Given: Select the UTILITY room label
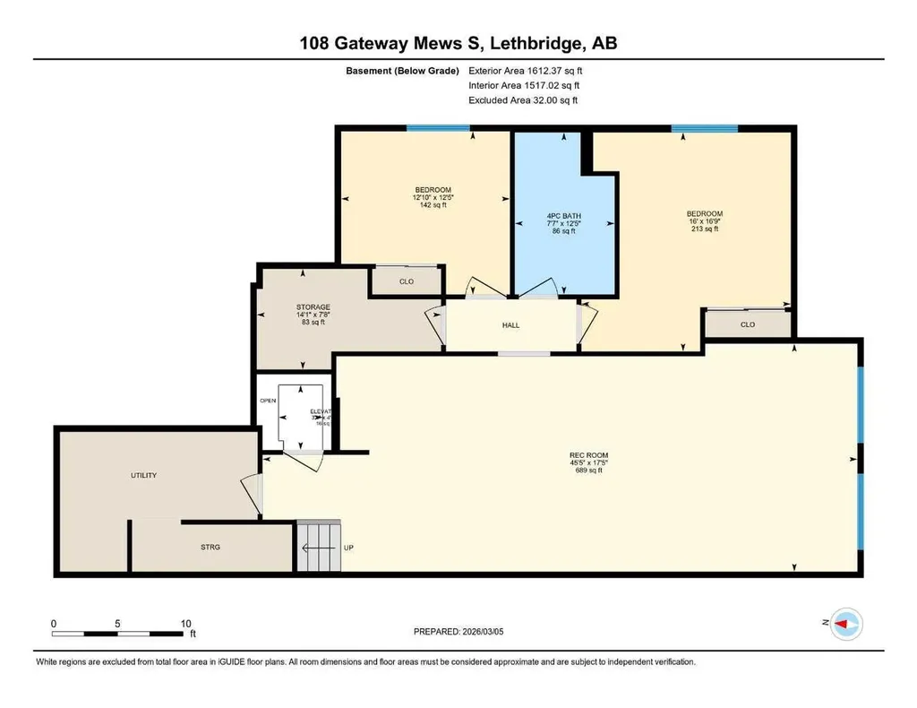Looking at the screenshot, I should coord(143,475).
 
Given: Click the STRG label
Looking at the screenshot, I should coord(210,546).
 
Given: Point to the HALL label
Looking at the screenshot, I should coord(511,326).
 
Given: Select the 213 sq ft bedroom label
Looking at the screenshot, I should coord(704,221).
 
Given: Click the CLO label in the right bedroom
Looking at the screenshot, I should coord(748,324).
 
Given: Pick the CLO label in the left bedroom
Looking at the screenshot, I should coord(406,281).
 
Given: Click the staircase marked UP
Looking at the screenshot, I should coord(319,546).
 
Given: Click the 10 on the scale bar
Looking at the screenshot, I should coord(186,623).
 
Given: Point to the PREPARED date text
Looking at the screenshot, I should coord(464,632).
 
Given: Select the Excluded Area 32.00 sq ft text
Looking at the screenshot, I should coord(523,100).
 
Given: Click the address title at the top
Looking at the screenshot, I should coord(458,42).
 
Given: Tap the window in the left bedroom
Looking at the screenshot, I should coord(438,128).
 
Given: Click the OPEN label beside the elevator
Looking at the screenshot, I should coord(267,401).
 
